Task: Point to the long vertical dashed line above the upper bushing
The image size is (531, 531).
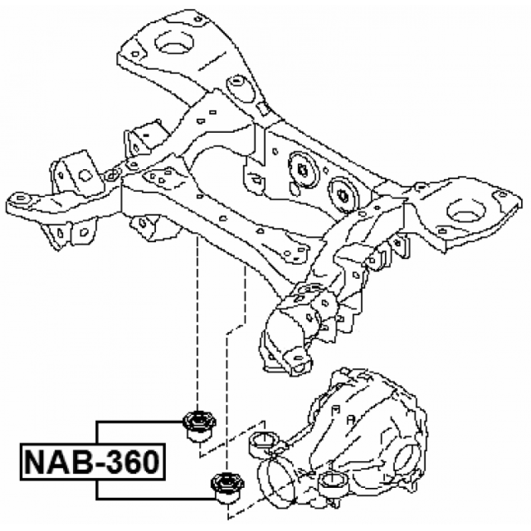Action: coord(197,319)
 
